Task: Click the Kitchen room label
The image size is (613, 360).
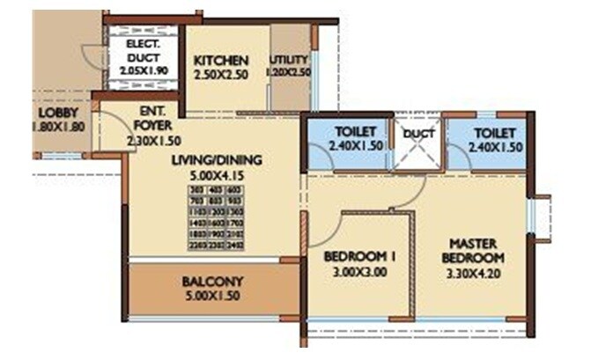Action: click(221, 60)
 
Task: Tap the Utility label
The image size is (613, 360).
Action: click(289, 60)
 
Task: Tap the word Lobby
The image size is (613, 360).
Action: click(56, 113)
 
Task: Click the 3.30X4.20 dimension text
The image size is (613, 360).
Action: click(475, 273)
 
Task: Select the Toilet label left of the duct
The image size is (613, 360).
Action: click(350, 132)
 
